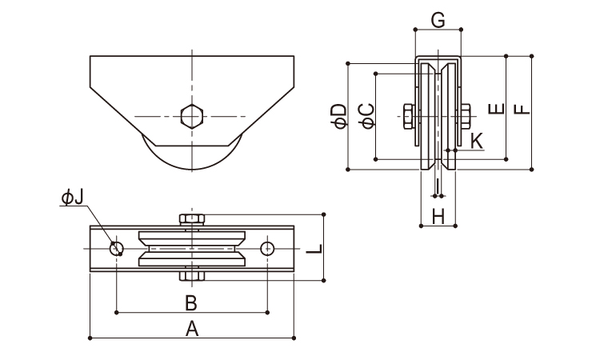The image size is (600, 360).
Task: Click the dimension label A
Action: (192, 327)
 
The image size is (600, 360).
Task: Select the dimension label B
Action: (191, 302)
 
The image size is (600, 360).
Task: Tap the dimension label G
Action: (438, 20)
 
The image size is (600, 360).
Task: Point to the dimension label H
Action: (438, 215)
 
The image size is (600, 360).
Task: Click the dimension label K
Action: (477, 142)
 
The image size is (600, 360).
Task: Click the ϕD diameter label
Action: (338, 115)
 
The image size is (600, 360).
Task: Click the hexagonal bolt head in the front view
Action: (192, 116)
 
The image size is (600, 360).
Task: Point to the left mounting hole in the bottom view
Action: (118, 248)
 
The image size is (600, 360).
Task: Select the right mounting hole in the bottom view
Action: (267, 248)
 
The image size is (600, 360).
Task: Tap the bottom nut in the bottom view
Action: (192, 276)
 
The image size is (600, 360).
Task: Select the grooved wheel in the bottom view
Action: (192, 248)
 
